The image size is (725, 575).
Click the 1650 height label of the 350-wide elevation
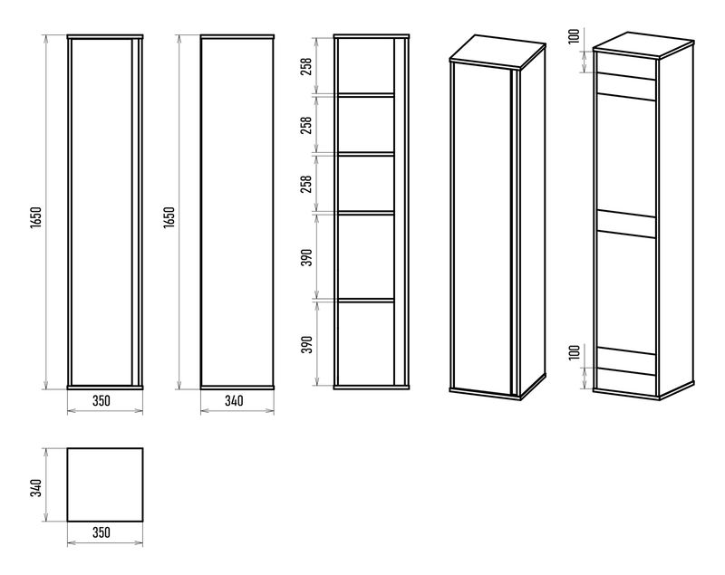36,217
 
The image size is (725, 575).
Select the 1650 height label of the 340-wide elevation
169,217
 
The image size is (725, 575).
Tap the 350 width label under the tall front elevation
101,400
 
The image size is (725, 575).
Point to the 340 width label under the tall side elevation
235,400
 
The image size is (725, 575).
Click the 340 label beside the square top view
36,488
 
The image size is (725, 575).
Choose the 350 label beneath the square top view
101,532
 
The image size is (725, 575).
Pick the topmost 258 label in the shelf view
306,66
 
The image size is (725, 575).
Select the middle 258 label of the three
306,125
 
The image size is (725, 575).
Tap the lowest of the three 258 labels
306,184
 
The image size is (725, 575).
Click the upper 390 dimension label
306,257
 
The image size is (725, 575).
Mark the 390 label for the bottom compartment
306,344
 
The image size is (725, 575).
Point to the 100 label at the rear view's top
575,36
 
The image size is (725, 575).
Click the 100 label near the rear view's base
575,352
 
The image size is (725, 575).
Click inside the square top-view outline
105,485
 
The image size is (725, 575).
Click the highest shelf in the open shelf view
366,95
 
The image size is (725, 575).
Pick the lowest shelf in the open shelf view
366,301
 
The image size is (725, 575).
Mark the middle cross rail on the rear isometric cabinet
626,224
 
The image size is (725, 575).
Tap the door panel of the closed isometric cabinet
482,229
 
